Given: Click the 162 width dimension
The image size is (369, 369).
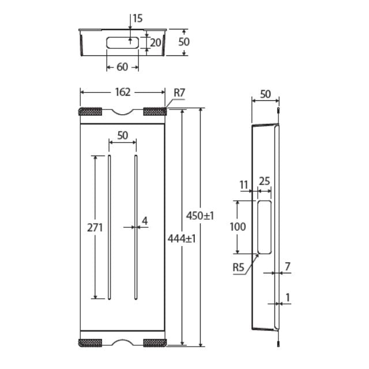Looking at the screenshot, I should click(123, 92).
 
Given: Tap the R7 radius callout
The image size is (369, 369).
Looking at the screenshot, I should click(179, 92).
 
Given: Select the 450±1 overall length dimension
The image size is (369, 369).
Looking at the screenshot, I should click(200, 216).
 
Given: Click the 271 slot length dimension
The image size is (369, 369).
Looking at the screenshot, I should click(95, 227).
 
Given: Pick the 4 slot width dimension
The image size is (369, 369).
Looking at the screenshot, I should click(145, 221).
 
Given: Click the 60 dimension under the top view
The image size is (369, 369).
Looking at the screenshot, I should click(122, 67).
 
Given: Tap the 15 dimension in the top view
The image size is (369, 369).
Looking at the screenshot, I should click(137, 18).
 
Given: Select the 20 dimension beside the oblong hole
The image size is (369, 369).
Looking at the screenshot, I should click(156, 42).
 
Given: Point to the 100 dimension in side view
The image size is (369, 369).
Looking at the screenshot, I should click(238, 227).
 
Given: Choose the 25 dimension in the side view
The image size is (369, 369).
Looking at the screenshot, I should click(265, 182).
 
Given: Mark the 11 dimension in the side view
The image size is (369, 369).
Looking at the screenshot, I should click(244, 184).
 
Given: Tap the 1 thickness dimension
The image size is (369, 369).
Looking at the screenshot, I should click(288, 298).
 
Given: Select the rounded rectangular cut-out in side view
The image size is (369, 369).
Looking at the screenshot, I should click(265, 227).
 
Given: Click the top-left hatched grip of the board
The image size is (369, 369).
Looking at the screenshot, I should click(91, 111).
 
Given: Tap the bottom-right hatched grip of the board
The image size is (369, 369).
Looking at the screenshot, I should click(155, 342).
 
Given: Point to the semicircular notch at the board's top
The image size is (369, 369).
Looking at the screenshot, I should click(123, 111).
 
